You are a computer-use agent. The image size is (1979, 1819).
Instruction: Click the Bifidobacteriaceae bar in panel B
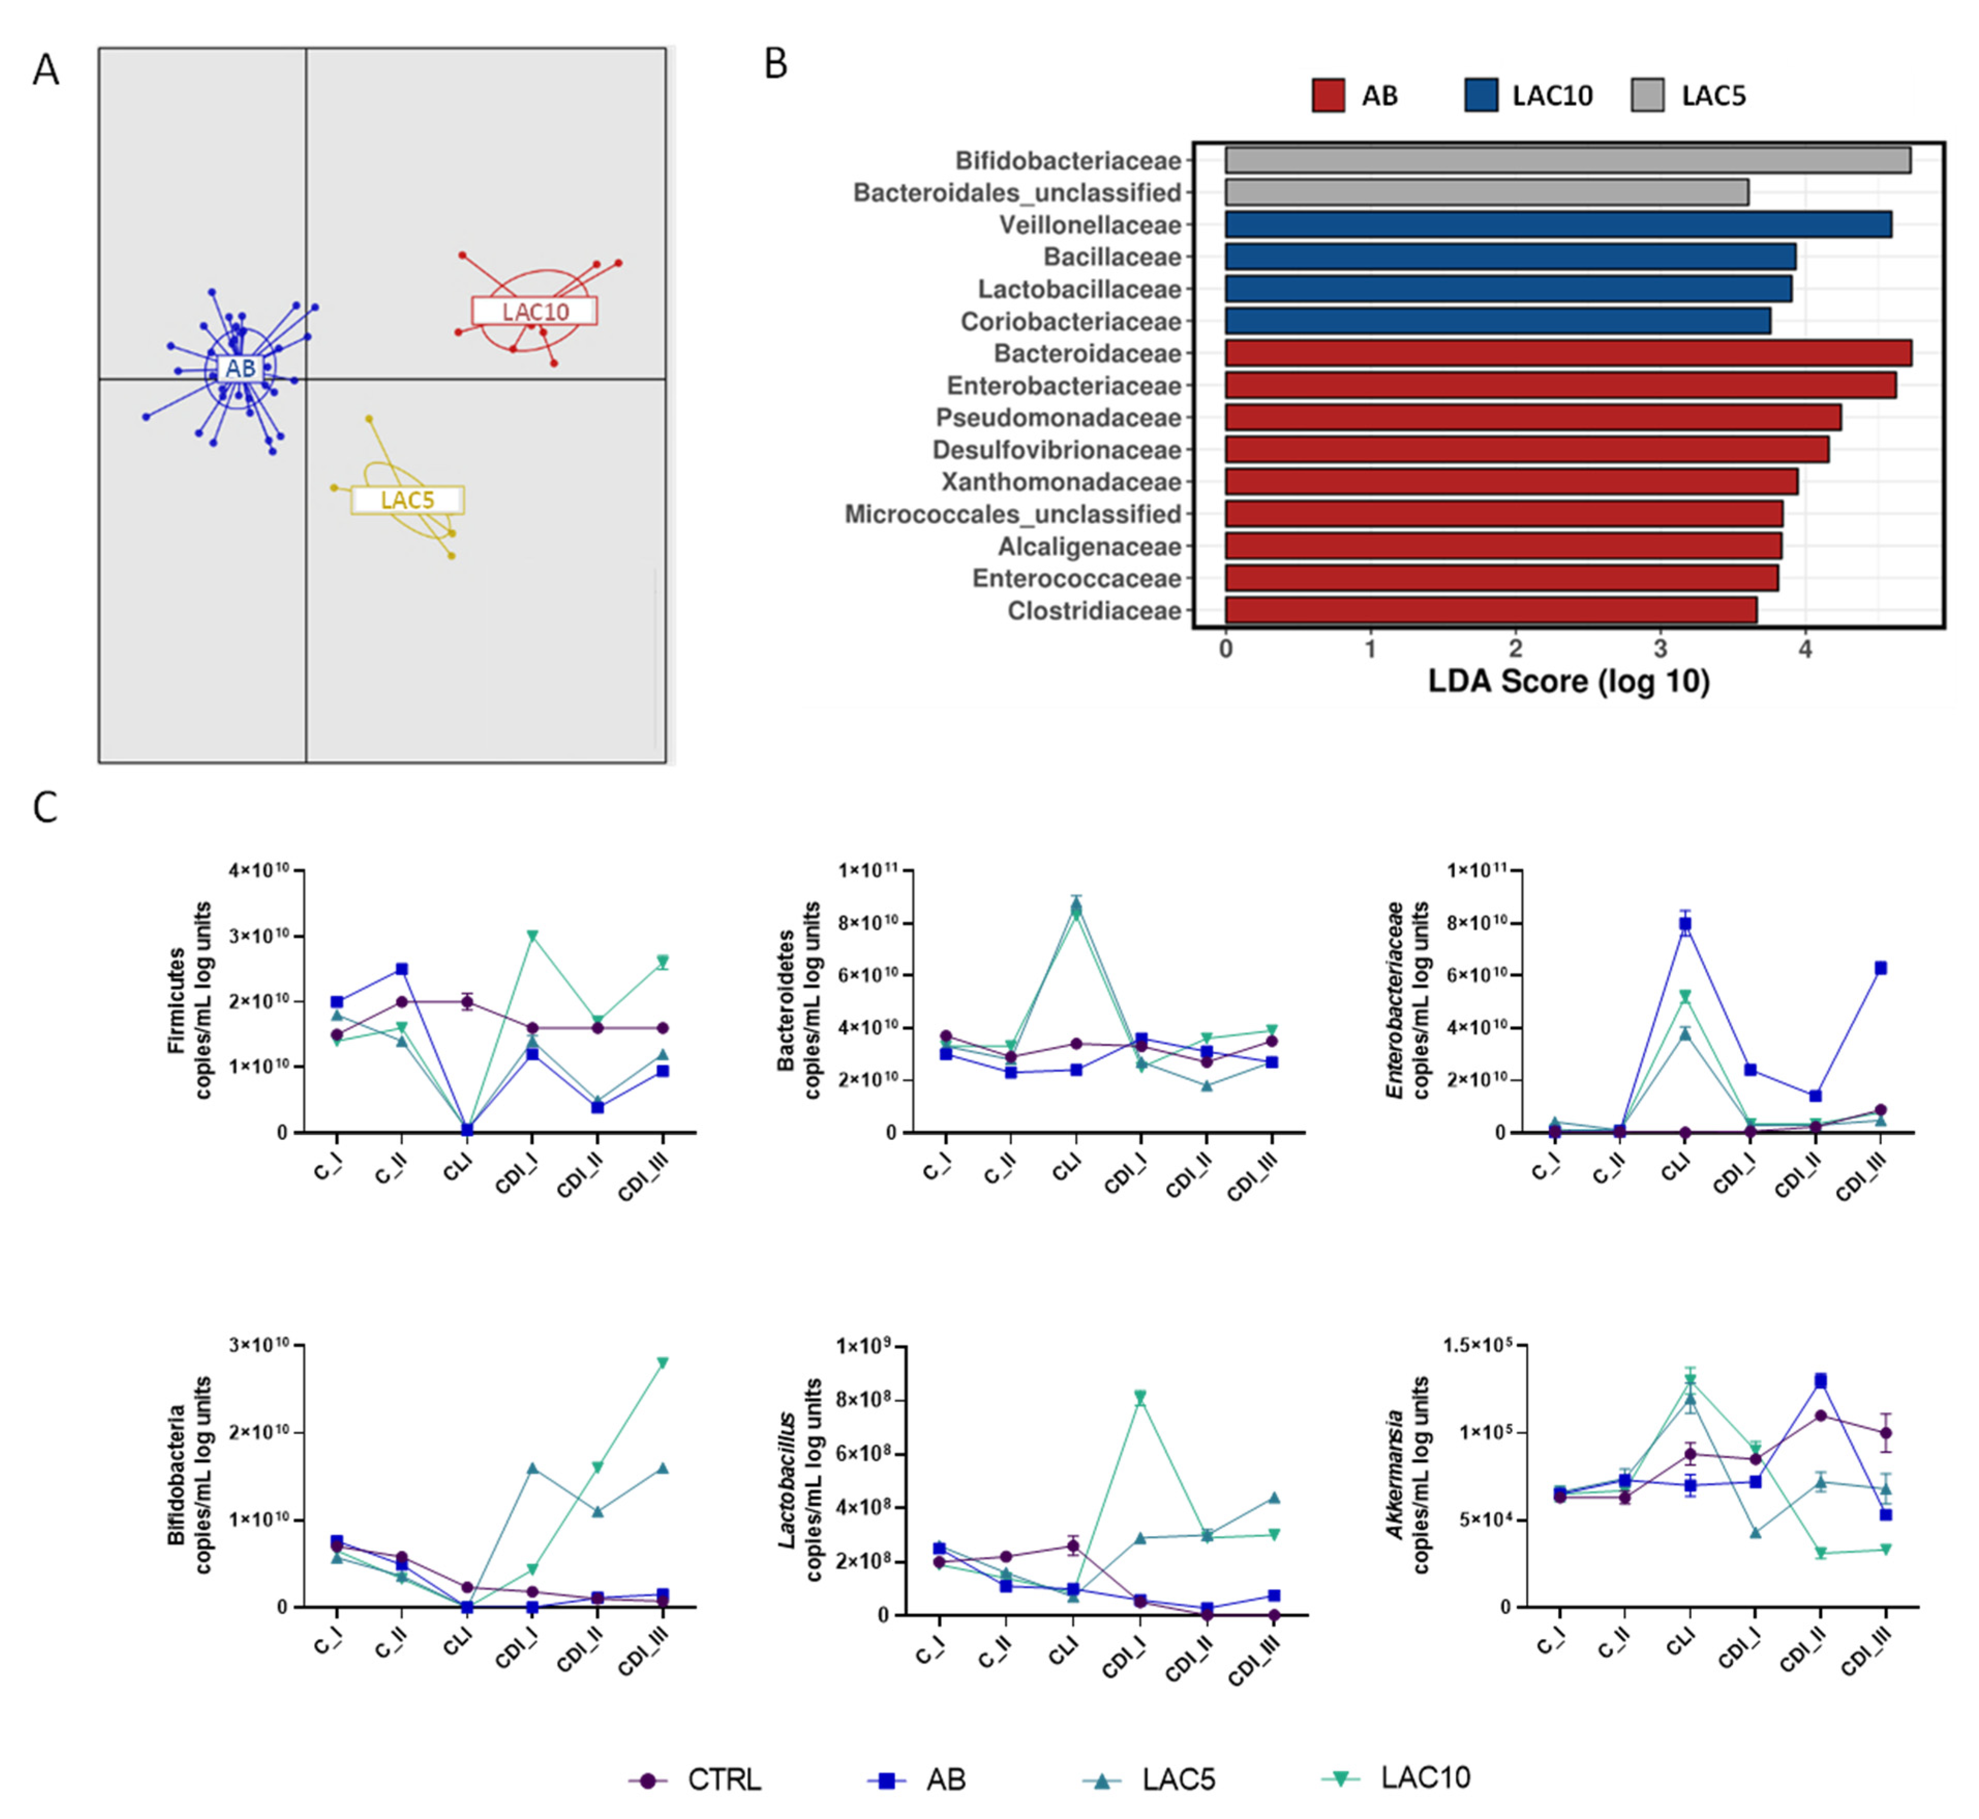pyautogui.click(x=1566, y=160)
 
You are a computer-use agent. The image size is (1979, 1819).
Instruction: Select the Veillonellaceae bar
pyautogui.click(x=1557, y=224)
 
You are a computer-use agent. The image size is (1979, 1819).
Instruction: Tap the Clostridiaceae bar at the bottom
pyautogui.click(x=1490, y=610)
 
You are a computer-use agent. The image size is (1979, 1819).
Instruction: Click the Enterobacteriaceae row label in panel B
pyautogui.click(x=1063, y=386)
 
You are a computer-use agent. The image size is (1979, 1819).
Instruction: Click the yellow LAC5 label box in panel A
pyautogui.click(x=407, y=500)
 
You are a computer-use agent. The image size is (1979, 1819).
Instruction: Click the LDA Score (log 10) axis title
pyautogui.click(x=1569, y=681)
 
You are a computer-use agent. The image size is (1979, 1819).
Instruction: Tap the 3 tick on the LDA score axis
pyautogui.click(x=1660, y=650)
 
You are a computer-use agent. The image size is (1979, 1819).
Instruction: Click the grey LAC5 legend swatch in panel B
pyautogui.click(x=1647, y=96)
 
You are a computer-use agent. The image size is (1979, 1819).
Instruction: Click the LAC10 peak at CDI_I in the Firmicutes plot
pyautogui.click(x=532, y=935)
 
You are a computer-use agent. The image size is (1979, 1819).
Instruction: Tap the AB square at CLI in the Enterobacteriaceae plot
pyautogui.click(x=1685, y=923)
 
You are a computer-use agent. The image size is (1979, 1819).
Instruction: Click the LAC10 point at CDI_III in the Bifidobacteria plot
pyautogui.click(x=662, y=1362)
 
